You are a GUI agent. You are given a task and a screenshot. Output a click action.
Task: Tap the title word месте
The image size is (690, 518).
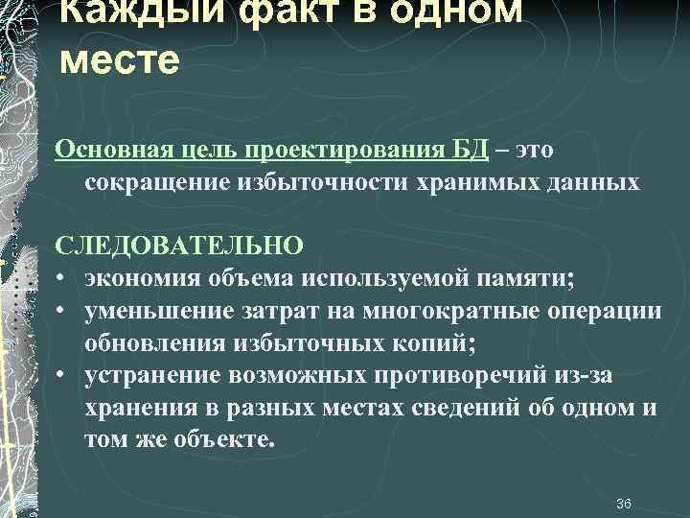(119, 59)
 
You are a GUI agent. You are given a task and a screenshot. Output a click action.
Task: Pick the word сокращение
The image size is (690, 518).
(153, 182)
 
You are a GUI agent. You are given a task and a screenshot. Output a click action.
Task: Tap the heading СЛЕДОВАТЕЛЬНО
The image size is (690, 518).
(180, 246)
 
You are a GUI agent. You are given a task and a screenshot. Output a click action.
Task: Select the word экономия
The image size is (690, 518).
(141, 278)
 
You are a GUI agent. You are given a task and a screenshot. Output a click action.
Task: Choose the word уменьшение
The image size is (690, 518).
(153, 311)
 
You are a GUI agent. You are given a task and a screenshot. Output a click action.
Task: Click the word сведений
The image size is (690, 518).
(467, 407)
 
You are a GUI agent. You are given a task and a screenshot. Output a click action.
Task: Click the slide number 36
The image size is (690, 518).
(623, 504)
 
